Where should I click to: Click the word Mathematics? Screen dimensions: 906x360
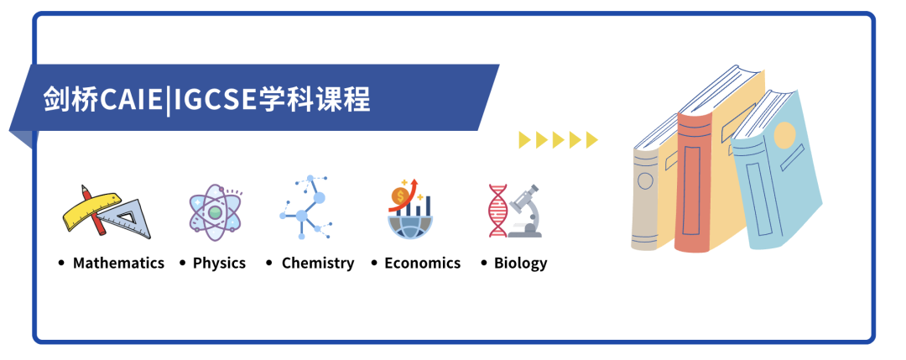coord(118,263)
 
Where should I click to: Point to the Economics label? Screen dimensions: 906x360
coord(422,263)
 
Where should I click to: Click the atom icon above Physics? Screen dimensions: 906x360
coord(215,212)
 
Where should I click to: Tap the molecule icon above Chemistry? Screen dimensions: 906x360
coord(305,207)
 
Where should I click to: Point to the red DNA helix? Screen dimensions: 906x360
coord(497,211)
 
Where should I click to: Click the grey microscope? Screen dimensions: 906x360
coord(524,211)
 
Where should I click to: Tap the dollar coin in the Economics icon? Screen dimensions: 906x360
coord(398,196)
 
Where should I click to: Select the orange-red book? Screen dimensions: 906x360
coord(694,181)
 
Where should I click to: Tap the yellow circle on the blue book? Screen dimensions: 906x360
coord(784,134)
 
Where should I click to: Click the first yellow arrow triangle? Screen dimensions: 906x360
coord(524,140)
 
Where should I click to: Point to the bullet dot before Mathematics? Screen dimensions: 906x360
coord(62,263)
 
